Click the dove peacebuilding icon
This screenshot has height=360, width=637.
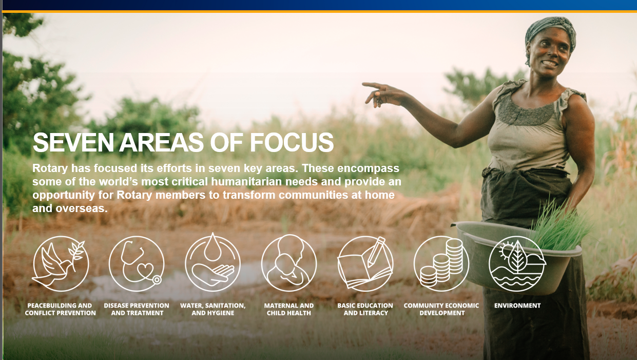click(60, 264)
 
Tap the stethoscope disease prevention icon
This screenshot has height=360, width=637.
click(137, 264)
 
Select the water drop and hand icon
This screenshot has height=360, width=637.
click(213, 262)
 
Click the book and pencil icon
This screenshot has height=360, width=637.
click(365, 264)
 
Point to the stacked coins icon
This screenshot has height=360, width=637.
click(441, 264)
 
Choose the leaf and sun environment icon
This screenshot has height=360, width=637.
click(517, 264)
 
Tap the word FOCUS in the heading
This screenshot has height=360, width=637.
click(292, 142)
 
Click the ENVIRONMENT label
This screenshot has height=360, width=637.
click(517, 306)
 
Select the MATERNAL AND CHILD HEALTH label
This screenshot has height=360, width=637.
click(289, 309)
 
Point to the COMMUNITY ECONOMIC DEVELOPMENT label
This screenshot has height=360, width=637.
click(441, 309)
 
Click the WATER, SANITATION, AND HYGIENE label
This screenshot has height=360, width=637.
click(213, 309)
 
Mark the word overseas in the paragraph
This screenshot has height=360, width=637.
click(82, 209)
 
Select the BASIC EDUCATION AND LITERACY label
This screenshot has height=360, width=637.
click(365, 309)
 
